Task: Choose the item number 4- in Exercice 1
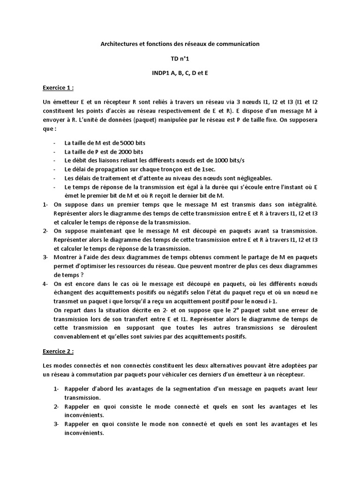point(45,284)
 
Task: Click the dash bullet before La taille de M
point(56,142)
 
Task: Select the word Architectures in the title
point(122,44)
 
